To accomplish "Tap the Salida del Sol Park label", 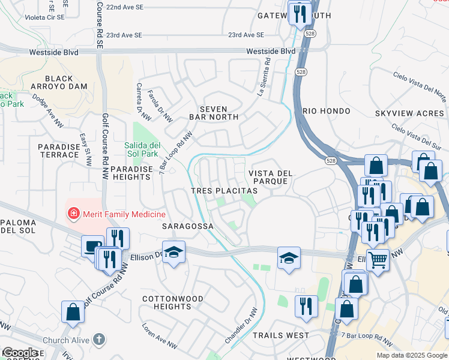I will pos(141,149).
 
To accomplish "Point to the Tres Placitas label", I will pos(224,190).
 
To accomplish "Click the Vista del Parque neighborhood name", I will pos(270,178).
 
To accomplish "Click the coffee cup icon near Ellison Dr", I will pos(92,247).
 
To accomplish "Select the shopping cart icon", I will pos(378,260).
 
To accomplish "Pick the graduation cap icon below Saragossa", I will pos(173,252).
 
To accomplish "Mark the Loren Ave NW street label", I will pos(159,337).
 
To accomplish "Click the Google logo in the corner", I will pos(20,353).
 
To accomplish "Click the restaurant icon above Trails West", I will pos(306,305).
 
